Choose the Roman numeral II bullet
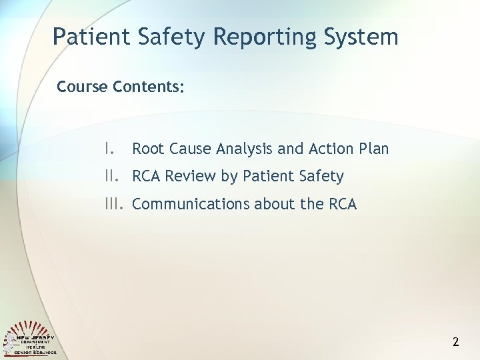point(112,176)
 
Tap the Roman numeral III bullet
point(115,203)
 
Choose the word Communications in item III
point(183,204)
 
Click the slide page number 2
point(456,343)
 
